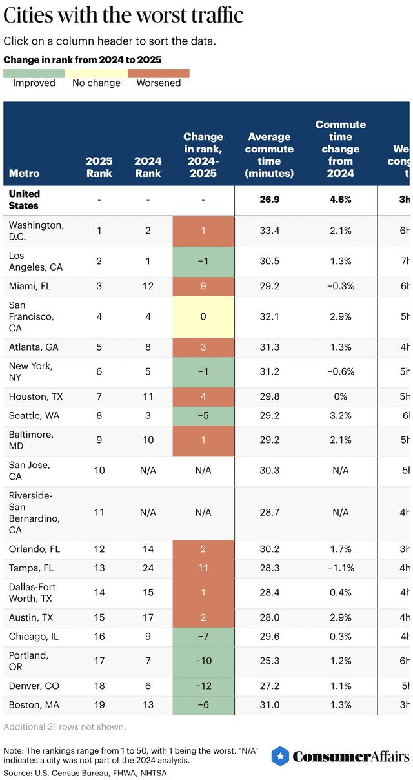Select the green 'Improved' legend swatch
pyautogui.click(x=34, y=74)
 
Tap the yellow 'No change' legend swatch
pyautogui.click(x=96, y=74)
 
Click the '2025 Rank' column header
pyautogui.click(x=99, y=167)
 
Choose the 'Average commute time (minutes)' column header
pyautogui.click(x=269, y=155)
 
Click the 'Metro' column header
pyautogui.click(x=25, y=173)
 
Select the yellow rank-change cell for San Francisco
pyautogui.click(x=203, y=317)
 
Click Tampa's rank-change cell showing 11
pyautogui.click(x=203, y=568)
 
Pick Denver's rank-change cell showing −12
pyautogui.click(x=203, y=686)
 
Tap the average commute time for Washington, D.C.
pyautogui.click(x=269, y=231)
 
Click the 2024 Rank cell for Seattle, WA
pyautogui.click(x=148, y=416)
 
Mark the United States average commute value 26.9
pyautogui.click(x=269, y=200)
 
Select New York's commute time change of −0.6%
pyautogui.click(x=340, y=372)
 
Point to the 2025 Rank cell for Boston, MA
pyautogui.click(x=99, y=705)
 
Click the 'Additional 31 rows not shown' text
pyautogui.click(x=65, y=726)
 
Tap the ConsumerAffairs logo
pyautogui.click(x=340, y=756)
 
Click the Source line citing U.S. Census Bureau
pyautogui.click(x=86, y=772)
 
